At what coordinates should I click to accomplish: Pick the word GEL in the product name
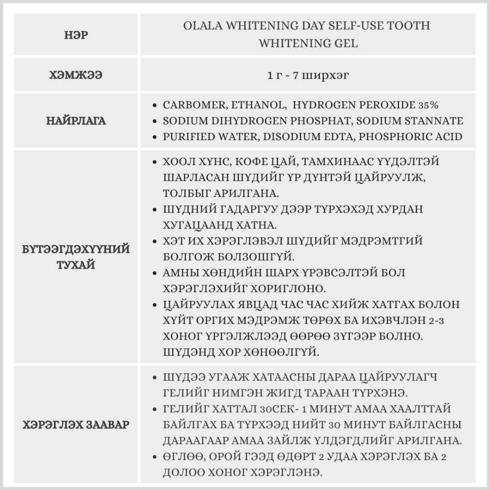pos(346,43)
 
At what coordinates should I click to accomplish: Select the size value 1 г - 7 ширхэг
pos(308,75)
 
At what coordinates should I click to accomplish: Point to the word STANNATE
pos(435,121)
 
